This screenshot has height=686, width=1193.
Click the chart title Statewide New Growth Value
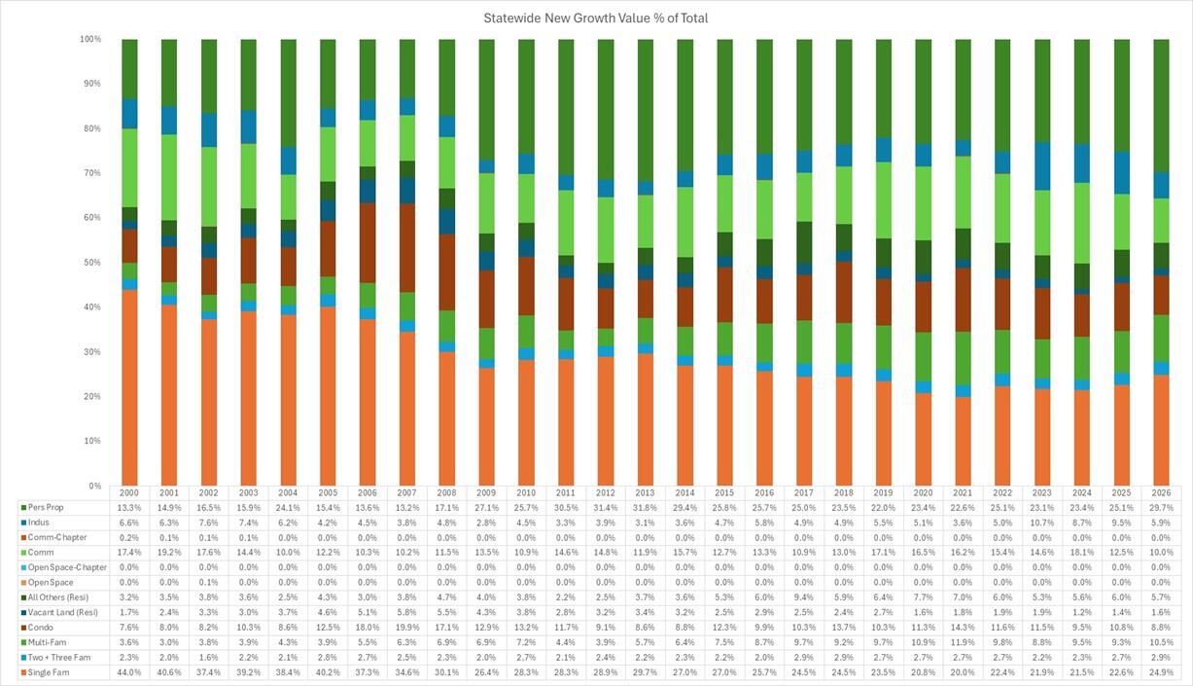click(596, 18)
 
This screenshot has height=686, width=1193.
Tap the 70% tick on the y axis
click(91, 173)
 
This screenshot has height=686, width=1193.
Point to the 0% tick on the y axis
click(94, 486)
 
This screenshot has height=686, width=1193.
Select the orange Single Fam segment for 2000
click(129, 389)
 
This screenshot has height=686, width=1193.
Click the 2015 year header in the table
click(724, 493)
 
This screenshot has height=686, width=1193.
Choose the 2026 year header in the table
click(1161, 493)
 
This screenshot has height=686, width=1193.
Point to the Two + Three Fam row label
click(60, 657)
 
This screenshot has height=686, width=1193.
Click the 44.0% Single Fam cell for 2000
click(129, 672)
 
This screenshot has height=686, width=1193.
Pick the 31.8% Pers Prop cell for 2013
click(645, 508)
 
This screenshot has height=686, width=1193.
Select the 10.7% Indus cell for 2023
click(1042, 523)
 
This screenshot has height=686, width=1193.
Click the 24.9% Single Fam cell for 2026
click(1161, 672)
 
